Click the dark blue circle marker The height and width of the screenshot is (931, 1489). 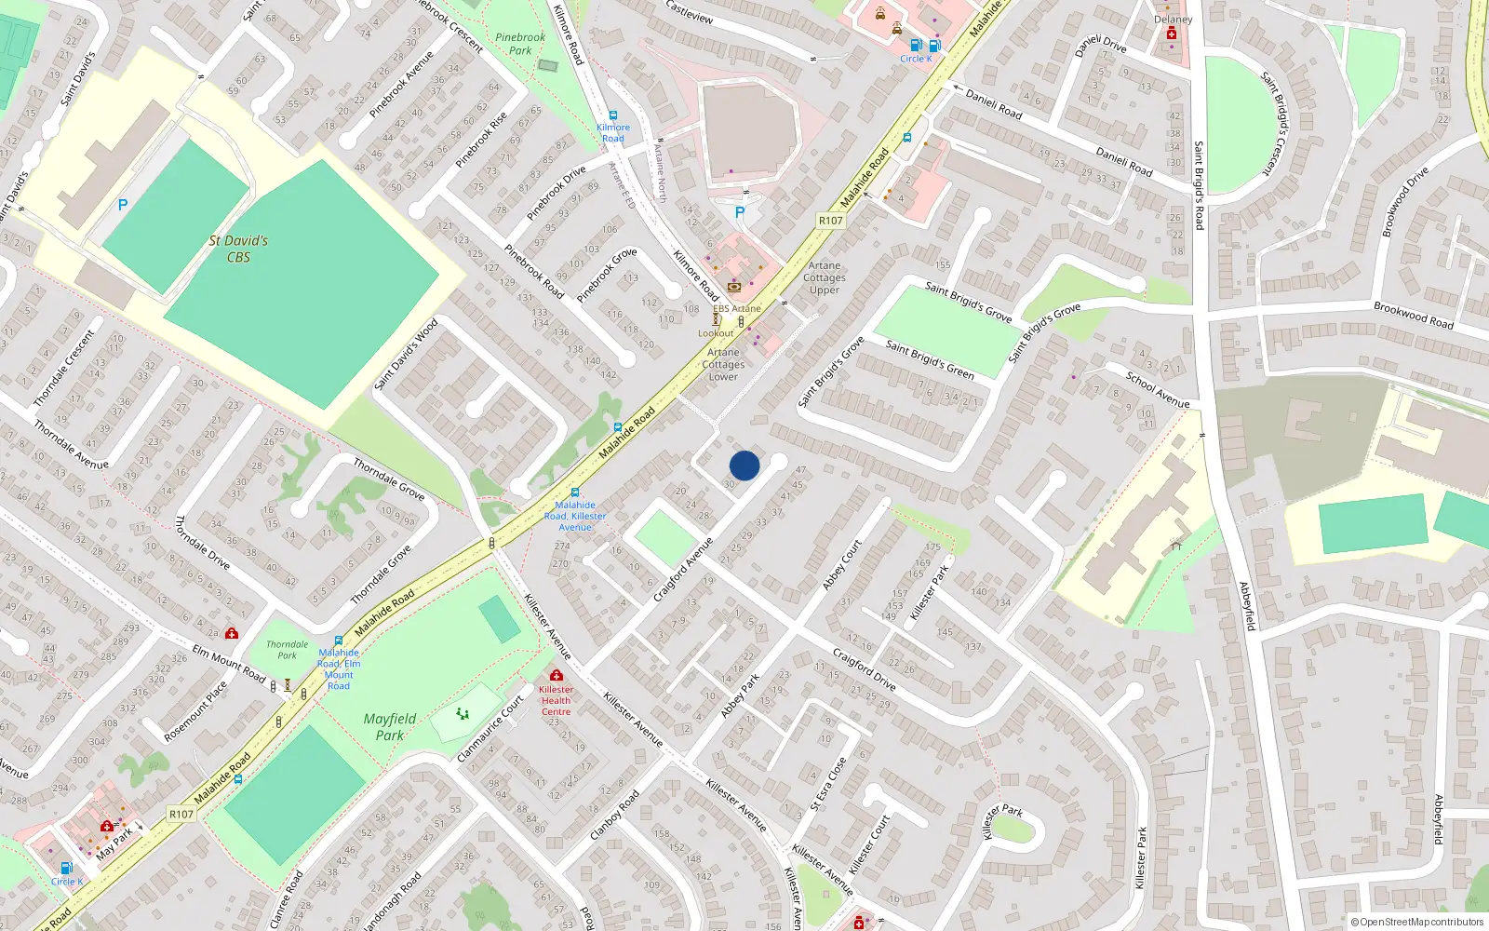coord(744,465)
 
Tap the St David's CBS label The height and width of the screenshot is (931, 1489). coord(238,249)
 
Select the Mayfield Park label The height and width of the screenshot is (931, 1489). coord(390,726)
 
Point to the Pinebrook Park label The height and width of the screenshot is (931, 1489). coord(520,44)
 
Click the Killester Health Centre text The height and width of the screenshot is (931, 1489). coord(556,701)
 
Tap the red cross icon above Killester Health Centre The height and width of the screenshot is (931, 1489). coord(557,675)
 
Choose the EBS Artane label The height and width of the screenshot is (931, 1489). coord(737,308)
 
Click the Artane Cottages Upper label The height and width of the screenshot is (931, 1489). coord(825,277)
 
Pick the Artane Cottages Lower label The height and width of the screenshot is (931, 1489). coord(723,364)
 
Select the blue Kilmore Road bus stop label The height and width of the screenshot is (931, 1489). coord(612,133)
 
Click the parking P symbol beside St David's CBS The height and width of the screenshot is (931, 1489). coord(122,205)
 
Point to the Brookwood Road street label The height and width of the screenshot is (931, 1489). coord(1413,315)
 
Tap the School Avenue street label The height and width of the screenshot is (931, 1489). coord(1157,390)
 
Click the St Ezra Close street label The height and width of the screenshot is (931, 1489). coord(827,783)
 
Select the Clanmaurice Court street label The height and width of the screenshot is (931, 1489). coord(490,729)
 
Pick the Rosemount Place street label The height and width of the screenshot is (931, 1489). coord(195,712)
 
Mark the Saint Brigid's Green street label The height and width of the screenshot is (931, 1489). coord(929,360)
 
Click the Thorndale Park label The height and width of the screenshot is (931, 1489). coord(287,649)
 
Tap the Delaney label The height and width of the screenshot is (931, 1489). coord(1173,20)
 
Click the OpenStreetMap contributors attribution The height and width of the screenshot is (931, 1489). coord(1416,922)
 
